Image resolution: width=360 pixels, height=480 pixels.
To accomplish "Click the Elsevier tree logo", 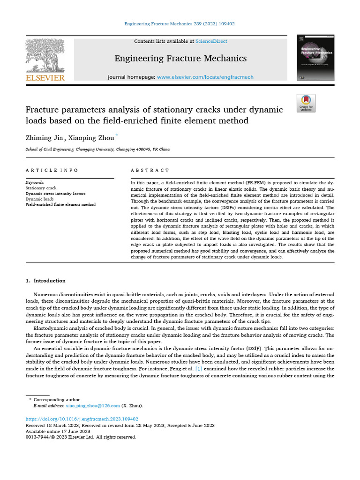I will point(45,55).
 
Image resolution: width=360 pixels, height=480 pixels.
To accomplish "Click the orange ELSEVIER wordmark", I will point(45,78).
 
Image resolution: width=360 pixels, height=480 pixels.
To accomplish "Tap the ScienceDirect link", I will point(211,41).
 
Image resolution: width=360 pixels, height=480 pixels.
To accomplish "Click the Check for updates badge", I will point(306,103).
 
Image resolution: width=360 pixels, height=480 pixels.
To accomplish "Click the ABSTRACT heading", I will point(150,171).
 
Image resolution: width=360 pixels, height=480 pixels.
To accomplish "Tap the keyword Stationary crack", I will point(41,187).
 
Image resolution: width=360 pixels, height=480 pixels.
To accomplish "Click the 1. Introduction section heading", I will point(45,281).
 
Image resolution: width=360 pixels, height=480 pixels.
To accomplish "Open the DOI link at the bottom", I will point(82,419).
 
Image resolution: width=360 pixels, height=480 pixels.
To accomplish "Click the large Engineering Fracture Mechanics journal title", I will point(180,59).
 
